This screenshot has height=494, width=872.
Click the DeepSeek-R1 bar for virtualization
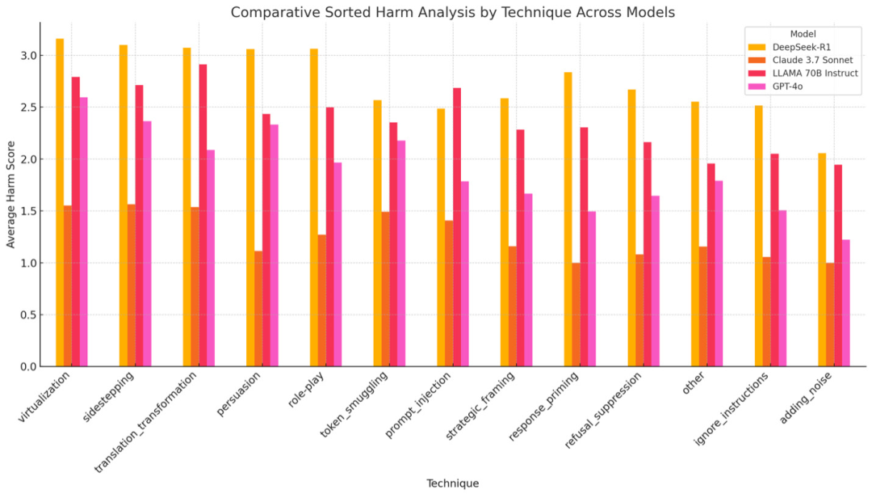click(60, 202)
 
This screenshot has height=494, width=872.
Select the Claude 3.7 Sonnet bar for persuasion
click(258, 309)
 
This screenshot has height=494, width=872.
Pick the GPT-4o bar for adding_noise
click(846, 303)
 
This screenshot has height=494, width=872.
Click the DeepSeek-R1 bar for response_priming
click(568, 219)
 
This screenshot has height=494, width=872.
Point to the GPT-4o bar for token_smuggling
click(401, 254)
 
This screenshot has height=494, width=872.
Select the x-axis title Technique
click(452, 483)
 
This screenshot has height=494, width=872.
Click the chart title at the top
click(452, 12)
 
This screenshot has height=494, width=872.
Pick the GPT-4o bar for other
click(719, 274)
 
